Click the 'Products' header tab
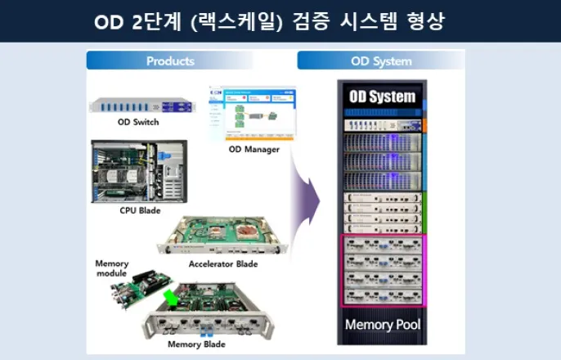point(170,61)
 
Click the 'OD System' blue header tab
point(380,61)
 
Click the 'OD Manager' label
point(254,149)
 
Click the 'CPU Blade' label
point(139,210)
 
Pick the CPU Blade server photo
point(139,171)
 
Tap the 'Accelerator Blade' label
point(223,264)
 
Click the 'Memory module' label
point(113,268)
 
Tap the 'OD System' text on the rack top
point(382,97)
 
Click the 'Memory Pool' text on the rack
point(382,324)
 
